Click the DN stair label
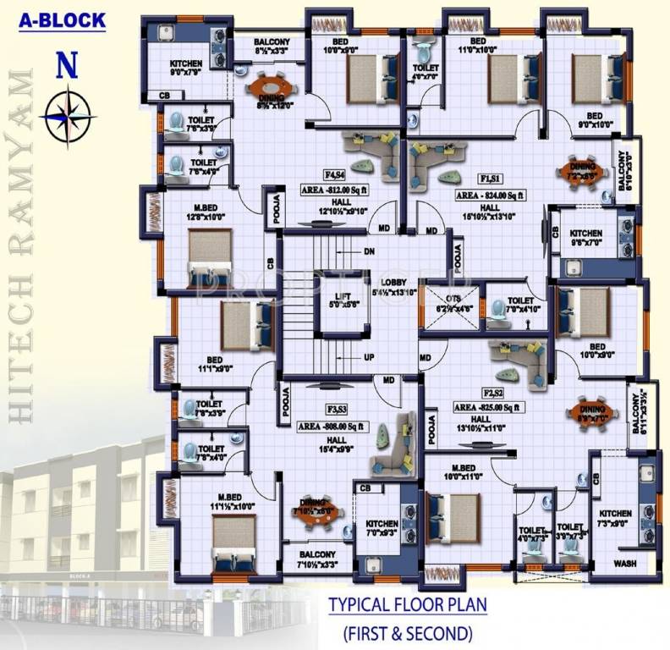369,251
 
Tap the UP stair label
369,357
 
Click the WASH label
625,563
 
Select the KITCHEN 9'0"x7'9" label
185,69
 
